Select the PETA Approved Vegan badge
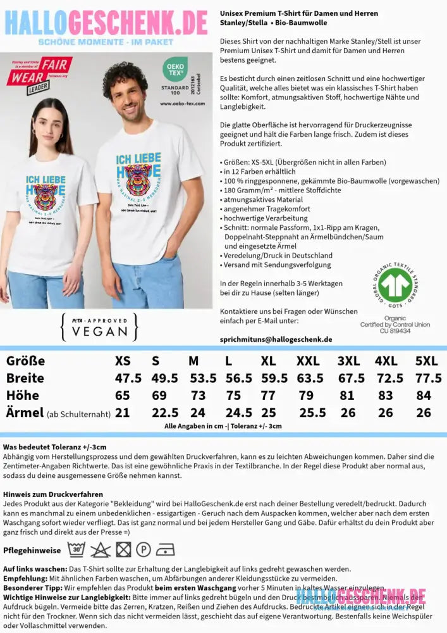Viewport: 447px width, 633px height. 99,327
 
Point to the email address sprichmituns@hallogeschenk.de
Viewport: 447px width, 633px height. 276,339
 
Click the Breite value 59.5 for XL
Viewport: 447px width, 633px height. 275,378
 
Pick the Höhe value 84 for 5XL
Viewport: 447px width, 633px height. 425,396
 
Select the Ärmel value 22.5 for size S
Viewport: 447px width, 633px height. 164,413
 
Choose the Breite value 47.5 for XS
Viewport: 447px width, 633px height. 128,378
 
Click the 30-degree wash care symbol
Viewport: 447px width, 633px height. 76,549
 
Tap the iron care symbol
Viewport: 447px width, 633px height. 165,549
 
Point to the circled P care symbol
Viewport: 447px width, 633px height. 143,549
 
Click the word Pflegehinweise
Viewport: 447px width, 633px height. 32,550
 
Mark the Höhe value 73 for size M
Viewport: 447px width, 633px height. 199,396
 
